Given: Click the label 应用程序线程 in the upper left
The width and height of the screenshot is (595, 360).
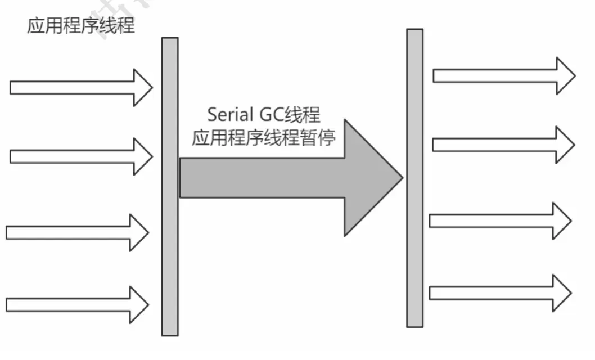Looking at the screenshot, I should pos(81,25).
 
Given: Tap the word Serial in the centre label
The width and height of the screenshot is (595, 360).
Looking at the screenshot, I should pos(229,115).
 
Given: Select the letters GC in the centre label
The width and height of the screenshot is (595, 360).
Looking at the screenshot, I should pos(272,115).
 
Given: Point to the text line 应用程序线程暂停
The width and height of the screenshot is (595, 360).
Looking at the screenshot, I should pos(263,137).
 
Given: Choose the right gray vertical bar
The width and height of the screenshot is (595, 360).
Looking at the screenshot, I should pos(414,178).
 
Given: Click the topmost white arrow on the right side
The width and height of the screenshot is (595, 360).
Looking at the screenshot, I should pos(504,75).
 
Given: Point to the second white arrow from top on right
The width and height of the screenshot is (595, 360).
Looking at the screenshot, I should pos(503,145).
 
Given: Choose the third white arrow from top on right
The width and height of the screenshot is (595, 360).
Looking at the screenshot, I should pos(501,220).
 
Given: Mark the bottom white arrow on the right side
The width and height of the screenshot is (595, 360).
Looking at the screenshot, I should pos(501,292).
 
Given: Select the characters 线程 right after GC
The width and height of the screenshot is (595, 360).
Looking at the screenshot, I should pos(304,115).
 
